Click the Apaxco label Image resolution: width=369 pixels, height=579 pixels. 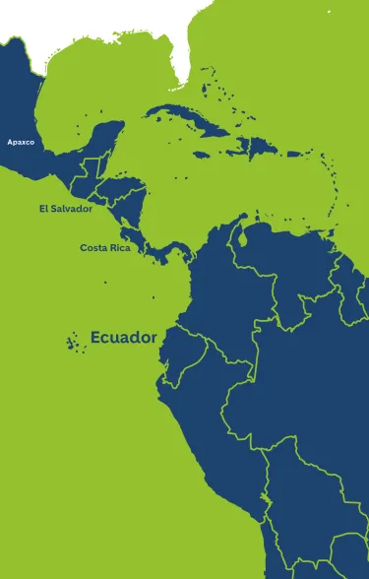click(x=21, y=142)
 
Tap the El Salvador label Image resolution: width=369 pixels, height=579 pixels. click(x=66, y=209)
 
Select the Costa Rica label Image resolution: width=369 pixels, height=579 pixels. click(x=105, y=247)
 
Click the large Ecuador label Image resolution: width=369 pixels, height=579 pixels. click(x=123, y=338)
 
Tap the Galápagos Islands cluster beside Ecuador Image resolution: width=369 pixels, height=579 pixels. click(x=73, y=341)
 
